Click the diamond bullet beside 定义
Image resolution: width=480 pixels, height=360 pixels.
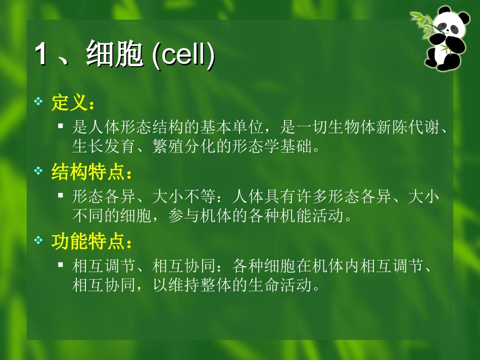click(38, 102)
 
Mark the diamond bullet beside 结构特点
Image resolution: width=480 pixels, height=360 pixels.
click(38, 172)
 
